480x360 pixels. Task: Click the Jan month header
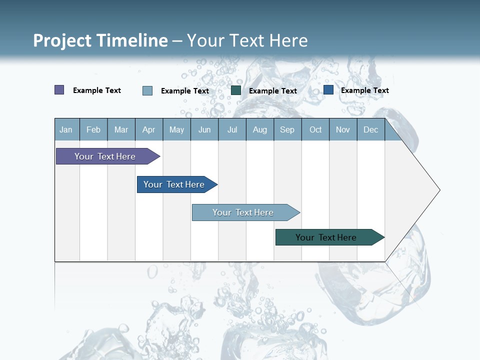click(x=66, y=130)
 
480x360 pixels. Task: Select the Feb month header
click(x=93, y=130)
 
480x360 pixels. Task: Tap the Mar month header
click(x=121, y=130)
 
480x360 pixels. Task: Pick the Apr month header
click(x=149, y=130)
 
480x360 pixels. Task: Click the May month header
click(x=176, y=130)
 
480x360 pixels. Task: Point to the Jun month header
click(x=204, y=130)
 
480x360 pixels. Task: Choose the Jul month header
click(x=232, y=130)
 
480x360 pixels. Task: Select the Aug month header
click(x=260, y=130)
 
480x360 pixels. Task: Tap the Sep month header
click(x=287, y=130)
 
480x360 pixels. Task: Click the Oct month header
click(x=315, y=130)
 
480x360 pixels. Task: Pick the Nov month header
click(x=343, y=130)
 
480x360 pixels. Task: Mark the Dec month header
click(x=371, y=130)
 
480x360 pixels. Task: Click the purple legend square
click(x=59, y=90)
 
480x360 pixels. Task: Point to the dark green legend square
click(x=236, y=90)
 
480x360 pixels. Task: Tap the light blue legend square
click(x=147, y=90)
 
